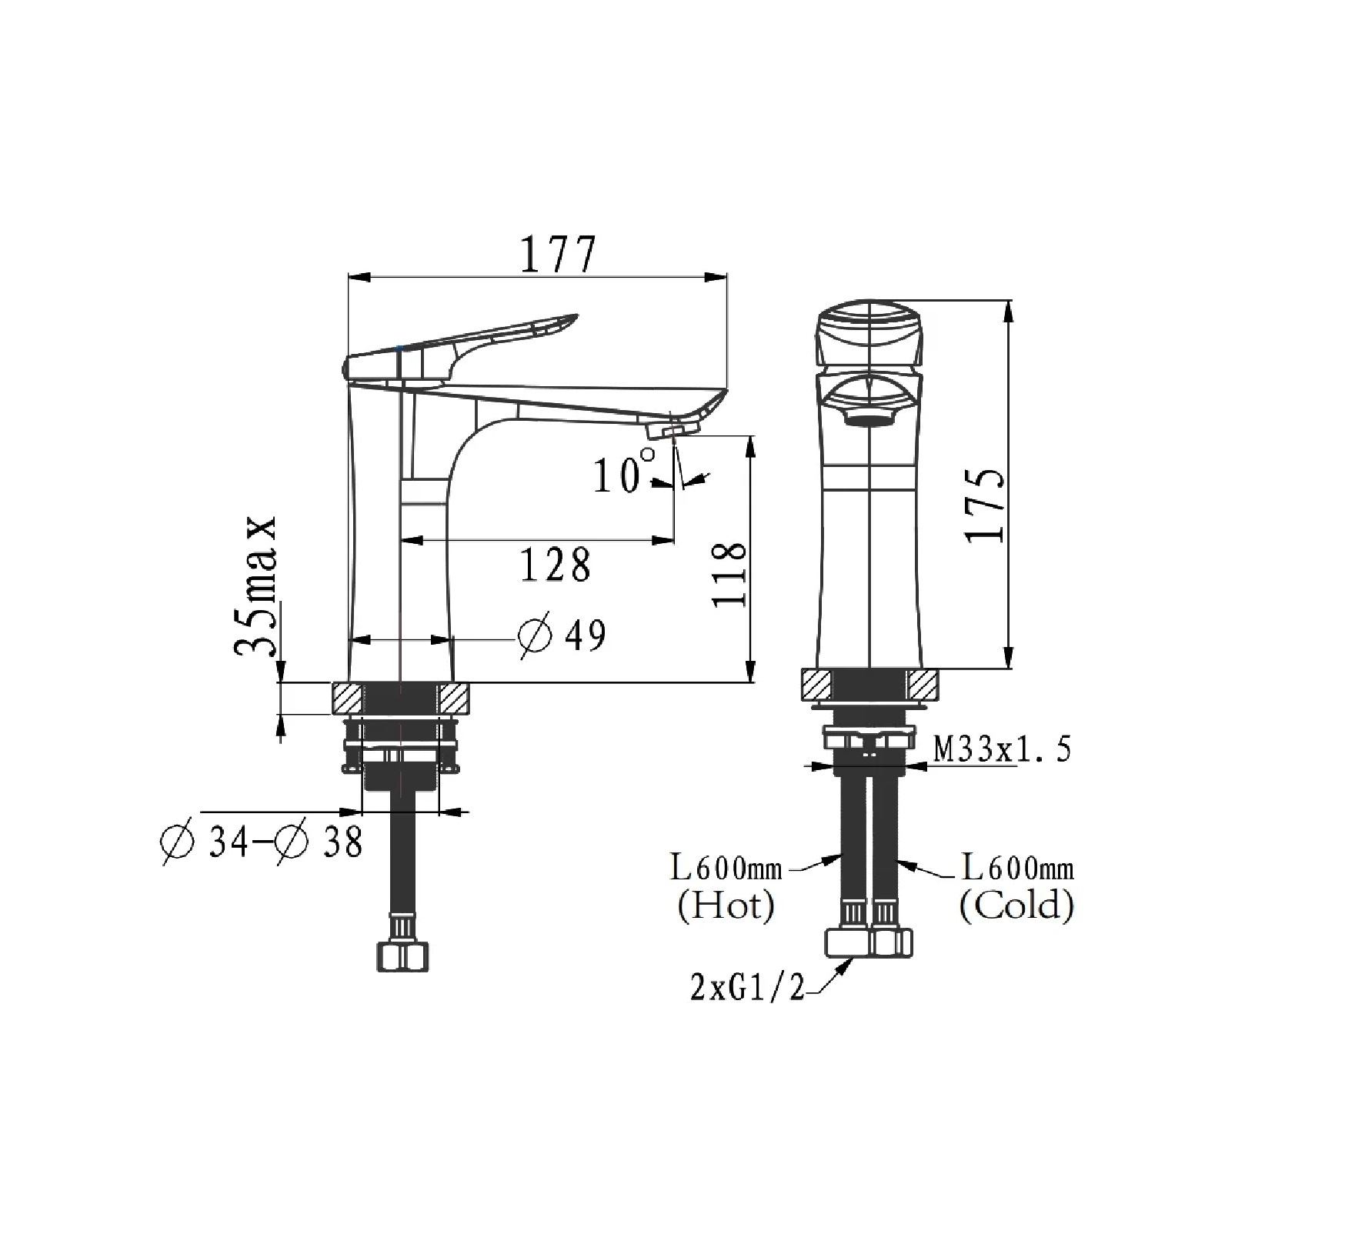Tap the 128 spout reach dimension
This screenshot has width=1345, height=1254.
click(556, 565)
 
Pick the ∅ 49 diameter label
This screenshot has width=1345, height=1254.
click(562, 635)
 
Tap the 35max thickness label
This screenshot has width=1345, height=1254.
click(255, 585)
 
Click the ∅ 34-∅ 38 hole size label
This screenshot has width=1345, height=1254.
click(261, 842)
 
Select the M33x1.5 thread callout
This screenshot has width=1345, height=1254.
click(1002, 749)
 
